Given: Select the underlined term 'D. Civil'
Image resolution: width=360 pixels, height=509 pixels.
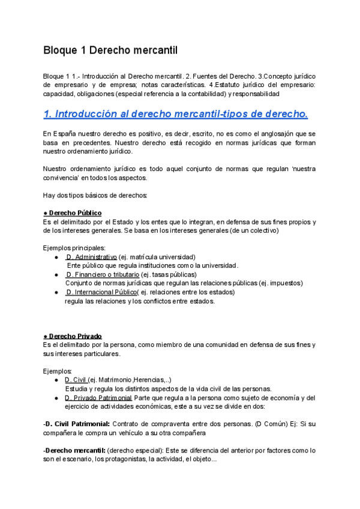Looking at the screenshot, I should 76,379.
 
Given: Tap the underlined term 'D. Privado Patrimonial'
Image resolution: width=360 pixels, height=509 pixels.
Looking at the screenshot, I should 98,397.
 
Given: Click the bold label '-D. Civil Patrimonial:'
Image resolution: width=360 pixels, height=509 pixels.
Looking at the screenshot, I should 76,424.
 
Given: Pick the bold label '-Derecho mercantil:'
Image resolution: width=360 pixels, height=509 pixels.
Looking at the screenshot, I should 71,450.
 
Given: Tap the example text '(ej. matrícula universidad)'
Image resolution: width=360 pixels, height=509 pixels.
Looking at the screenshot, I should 157,256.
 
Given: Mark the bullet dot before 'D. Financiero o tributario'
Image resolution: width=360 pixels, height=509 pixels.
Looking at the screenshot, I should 56,274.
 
